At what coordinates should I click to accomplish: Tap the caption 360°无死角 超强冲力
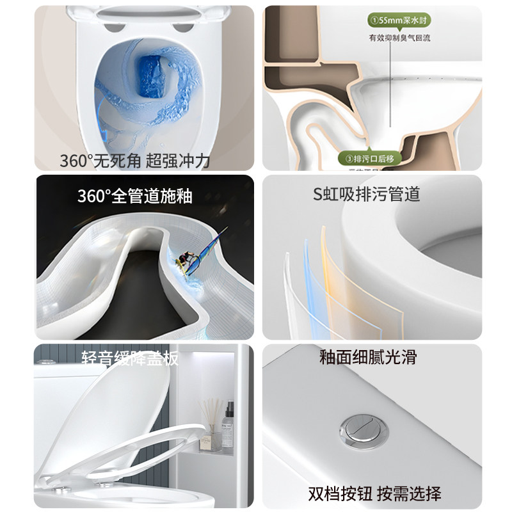click(135, 161)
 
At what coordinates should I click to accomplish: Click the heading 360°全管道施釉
click(134, 195)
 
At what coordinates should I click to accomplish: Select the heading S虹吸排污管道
click(367, 194)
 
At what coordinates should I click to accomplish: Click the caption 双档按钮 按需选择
click(374, 493)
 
